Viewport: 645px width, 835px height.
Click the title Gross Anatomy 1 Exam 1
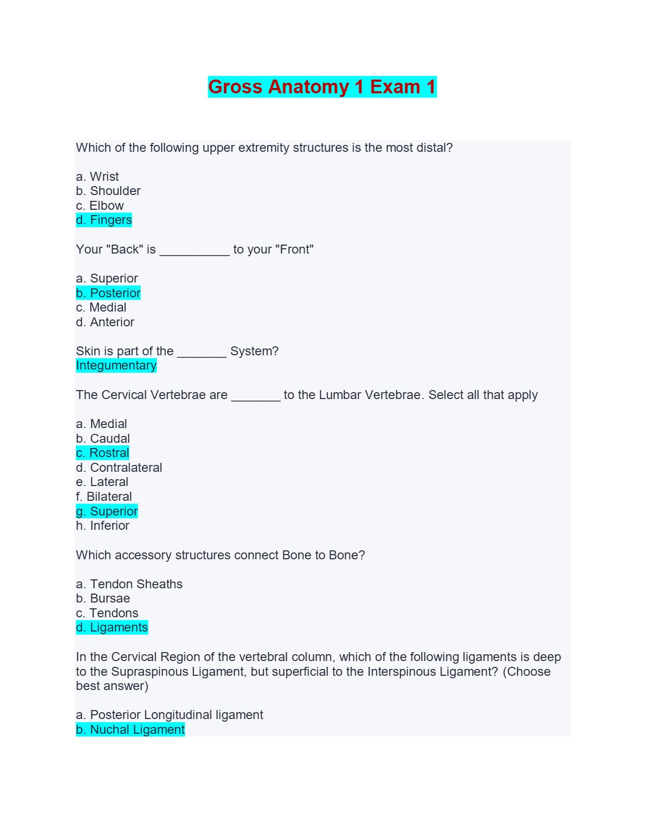(322, 87)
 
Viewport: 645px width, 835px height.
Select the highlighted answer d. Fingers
(104, 220)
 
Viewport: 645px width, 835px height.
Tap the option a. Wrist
(97, 177)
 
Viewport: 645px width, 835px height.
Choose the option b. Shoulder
(108, 191)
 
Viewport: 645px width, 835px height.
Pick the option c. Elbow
(100, 206)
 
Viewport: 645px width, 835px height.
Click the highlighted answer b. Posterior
(108, 293)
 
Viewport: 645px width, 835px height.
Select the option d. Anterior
(105, 322)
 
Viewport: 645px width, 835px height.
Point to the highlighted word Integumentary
(116, 365)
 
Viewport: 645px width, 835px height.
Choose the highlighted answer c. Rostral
(102, 453)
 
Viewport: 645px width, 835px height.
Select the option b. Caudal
(103, 439)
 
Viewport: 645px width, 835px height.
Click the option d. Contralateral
(119, 468)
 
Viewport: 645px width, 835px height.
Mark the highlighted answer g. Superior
(107, 511)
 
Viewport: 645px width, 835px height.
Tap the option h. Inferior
(103, 526)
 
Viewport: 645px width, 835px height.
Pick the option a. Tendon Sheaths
(129, 584)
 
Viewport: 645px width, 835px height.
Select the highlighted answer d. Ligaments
(112, 627)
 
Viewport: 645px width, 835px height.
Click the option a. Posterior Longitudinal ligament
(169, 715)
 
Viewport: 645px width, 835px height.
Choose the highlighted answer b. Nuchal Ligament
(130, 730)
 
